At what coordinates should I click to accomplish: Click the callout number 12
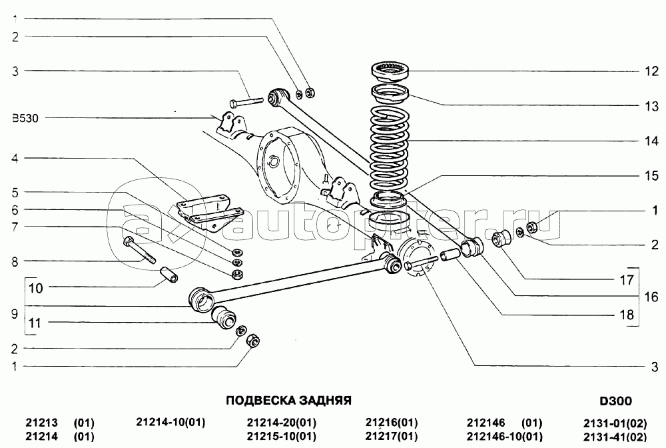[x=651, y=71]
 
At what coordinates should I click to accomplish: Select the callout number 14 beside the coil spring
[x=651, y=141]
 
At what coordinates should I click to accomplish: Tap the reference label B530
[x=25, y=118]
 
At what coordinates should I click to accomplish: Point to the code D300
[x=615, y=401]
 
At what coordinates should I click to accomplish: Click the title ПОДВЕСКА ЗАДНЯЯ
[x=288, y=401]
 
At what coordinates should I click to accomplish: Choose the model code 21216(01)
[x=392, y=423]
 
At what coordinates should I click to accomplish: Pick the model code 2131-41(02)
[x=615, y=437]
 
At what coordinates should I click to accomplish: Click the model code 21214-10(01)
[x=170, y=422]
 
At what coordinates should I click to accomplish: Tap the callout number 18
[x=627, y=315]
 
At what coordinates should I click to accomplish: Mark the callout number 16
[x=651, y=297]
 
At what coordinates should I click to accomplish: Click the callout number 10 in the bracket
[x=36, y=288]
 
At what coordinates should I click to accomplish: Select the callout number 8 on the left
[x=15, y=262]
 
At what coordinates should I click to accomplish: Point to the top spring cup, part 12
[x=390, y=71]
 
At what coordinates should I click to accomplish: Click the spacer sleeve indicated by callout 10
[x=168, y=274]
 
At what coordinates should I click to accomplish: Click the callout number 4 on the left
[x=15, y=159]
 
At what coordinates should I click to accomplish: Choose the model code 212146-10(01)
[x=505, y=437]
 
